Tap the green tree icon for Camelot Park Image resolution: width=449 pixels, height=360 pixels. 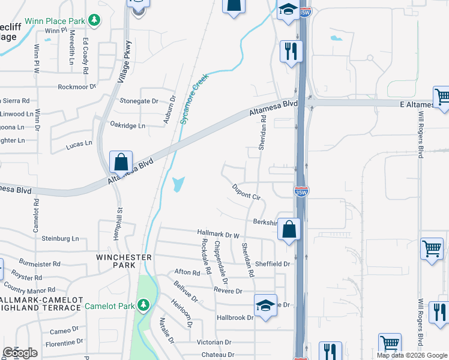pos(143,305)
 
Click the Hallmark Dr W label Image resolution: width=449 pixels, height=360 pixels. pos(218,233)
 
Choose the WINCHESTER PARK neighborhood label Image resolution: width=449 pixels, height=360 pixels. pos(124,261)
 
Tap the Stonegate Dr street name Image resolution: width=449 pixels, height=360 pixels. pos(139,101)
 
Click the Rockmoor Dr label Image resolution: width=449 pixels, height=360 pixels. pos(77,86)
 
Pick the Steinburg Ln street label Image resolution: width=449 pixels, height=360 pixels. pos(60,238)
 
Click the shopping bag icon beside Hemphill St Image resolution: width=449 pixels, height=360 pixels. pos(121,161)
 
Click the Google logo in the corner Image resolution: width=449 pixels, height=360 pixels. pos(20,352)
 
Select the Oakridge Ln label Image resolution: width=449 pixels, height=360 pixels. pos(128,125)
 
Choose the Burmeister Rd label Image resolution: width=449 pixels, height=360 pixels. pos(40,263)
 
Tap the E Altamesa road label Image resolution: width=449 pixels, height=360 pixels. pos(416,104)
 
